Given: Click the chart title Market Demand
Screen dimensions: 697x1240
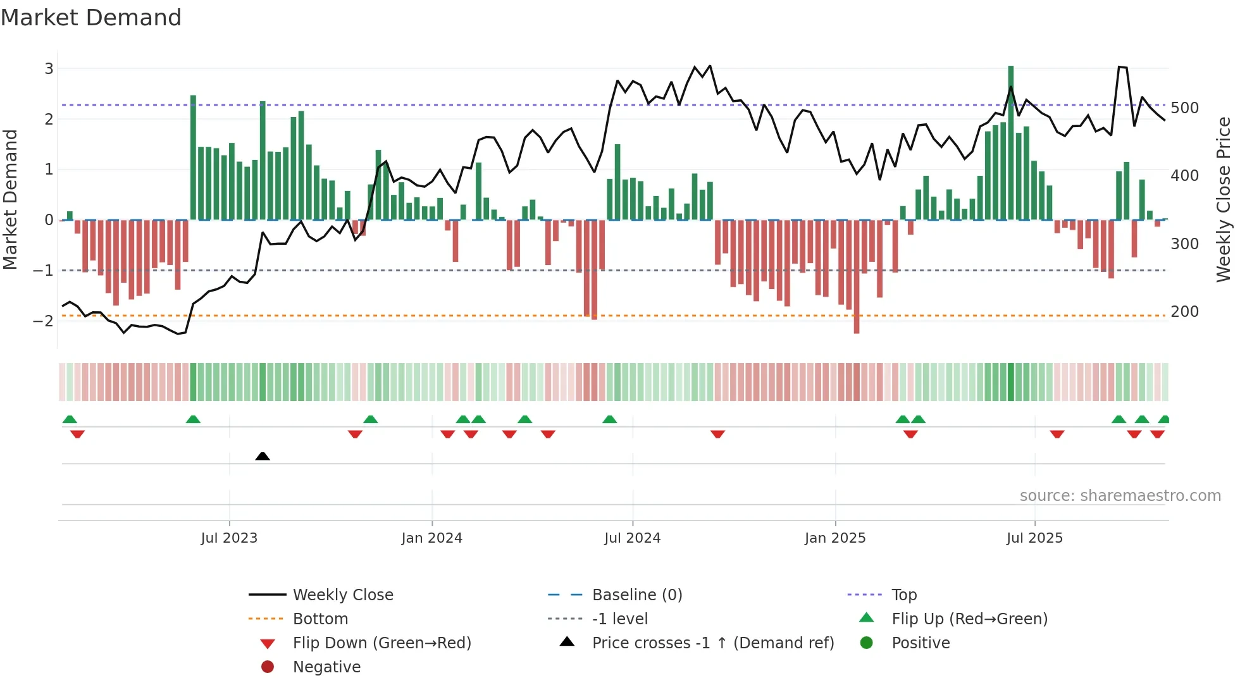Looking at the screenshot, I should coord(91,18).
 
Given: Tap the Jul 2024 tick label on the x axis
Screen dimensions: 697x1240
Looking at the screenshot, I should coord(632,538).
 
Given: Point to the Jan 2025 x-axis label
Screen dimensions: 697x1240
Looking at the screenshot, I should coord(835,538).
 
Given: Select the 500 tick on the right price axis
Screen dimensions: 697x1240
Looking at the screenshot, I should coord(1184,108).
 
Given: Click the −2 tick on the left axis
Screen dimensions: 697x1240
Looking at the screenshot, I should coord(43,321).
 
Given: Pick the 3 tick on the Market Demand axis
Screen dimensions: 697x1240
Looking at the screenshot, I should coord(49,68).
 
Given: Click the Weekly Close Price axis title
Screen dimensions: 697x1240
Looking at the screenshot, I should coord(1224,199).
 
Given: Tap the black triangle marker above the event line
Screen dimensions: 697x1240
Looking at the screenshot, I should coord(263,456).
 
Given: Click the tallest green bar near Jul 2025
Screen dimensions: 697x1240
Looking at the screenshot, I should coord(1010,142).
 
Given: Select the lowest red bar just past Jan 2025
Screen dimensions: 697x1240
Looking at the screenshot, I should coord(857,276).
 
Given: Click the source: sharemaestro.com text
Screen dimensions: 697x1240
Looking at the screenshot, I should coord(1120,496).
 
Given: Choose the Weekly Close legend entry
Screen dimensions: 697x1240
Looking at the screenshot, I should coord(342,595).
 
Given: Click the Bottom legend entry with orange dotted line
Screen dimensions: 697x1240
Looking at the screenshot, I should coord(320,619).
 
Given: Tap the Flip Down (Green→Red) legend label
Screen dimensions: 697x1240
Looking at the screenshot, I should coord(381,643).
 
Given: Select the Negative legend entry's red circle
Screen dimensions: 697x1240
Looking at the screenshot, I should coord(268,667).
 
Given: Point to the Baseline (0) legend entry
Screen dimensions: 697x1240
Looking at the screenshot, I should coord(636,595).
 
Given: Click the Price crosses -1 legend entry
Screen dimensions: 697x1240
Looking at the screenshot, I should coord(712,643).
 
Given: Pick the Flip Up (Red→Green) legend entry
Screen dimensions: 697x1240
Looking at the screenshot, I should coord(969,619).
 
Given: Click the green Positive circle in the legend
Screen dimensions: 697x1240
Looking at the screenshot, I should coord(867,643).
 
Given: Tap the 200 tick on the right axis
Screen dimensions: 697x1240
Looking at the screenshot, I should coord(1184,312).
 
